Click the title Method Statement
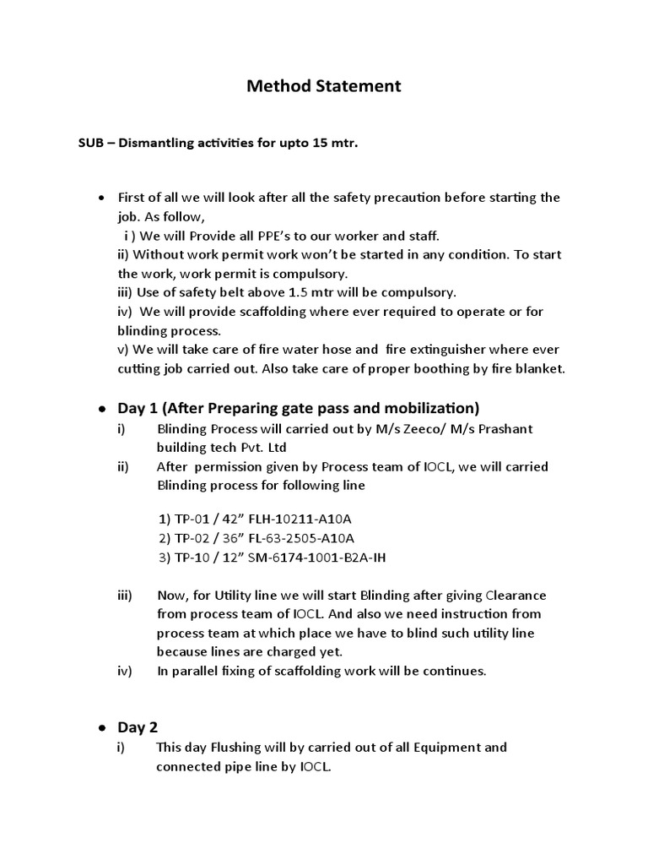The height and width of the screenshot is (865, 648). pos(324,86)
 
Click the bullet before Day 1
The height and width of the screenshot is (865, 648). pos(101,409)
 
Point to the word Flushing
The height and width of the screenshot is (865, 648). pos(239,748)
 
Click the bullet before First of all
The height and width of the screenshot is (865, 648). pos(101,198)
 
